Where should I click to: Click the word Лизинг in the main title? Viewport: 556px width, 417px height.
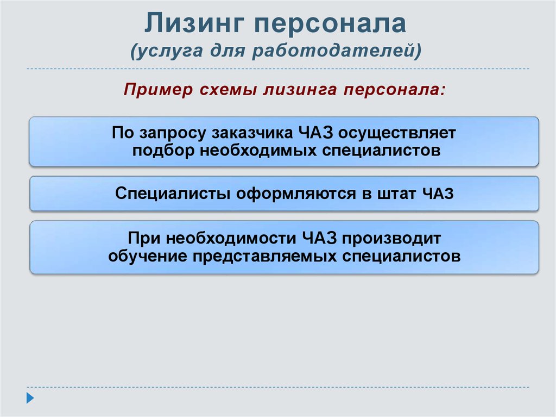click(194, 23)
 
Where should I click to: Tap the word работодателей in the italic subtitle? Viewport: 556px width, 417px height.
click(337, 50)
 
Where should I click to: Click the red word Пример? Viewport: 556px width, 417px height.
click(158, 90)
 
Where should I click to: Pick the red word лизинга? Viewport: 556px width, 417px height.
click(300, 90)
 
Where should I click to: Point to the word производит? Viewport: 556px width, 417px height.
click(391, 239)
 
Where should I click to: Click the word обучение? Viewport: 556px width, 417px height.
click(148, 256)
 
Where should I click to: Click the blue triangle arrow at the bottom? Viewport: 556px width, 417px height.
click(30, 398)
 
